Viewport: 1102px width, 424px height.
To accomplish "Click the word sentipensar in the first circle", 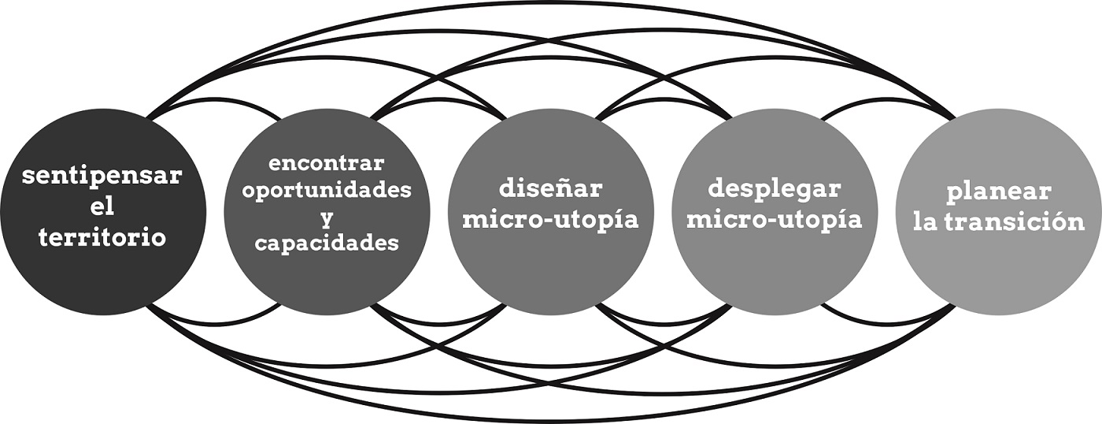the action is (x=102, y=176).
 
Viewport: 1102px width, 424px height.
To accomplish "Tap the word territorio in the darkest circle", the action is (x=102, y=237).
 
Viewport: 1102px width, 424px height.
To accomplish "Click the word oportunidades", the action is (x=327, y=190).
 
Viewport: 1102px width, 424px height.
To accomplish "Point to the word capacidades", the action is (x=327, y=244).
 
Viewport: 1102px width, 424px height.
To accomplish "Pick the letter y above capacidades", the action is (x=326, y=217).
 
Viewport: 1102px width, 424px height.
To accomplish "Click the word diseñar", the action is (x=550, y=189).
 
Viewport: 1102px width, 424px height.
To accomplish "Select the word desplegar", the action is (x=775, y=189).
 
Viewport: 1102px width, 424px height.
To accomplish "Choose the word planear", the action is (x=999, y=192).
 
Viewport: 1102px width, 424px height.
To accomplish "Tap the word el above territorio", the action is (x=102, y=206).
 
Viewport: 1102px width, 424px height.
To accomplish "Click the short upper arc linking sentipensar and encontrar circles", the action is (x=214, y=100).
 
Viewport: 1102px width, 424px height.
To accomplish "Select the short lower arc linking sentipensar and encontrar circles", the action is (x=214, y=324).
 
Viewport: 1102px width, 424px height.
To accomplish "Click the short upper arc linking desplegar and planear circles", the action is (x=888, y=100).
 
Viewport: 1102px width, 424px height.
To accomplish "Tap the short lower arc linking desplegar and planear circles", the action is (x=888, y=324).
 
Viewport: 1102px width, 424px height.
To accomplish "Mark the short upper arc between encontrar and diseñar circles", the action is (x=438, y=100).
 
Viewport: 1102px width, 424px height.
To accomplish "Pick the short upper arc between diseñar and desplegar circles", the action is (x=663, y=100).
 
